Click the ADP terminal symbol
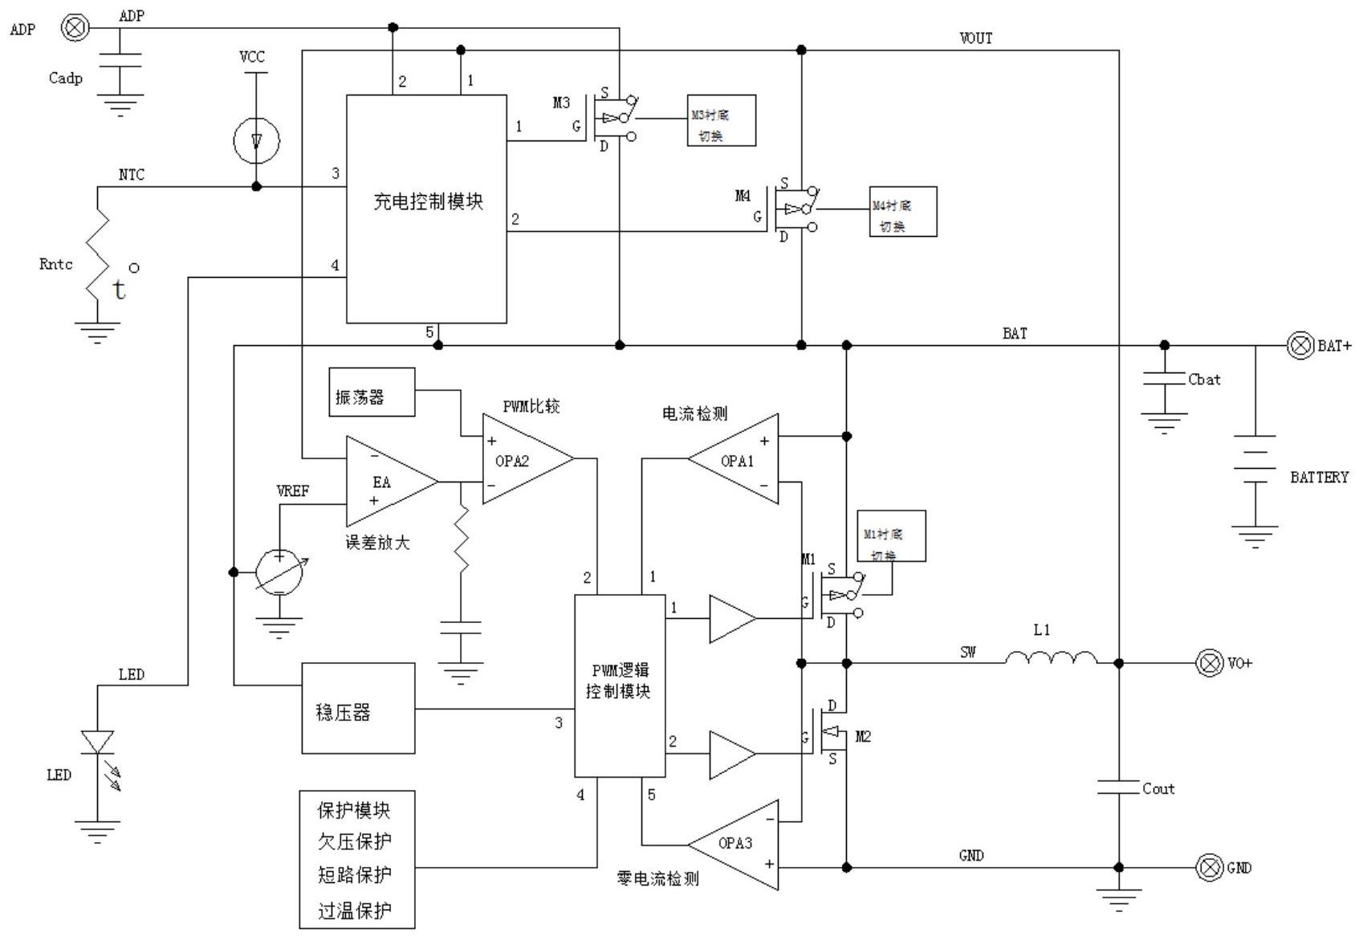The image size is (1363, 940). pyautogui.click(x=75, y=28)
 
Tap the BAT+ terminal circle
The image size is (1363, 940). pyautogui.click(x=1300, y=346)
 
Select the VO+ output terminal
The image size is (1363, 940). pyautogui.click(x=1210, y=663)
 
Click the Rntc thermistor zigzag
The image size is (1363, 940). pyautogui.click(x=99, y=255)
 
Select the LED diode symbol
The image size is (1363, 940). pyautogui.click(x=98, y=742)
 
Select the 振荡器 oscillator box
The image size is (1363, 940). pyautogui.click(x=372, y=393)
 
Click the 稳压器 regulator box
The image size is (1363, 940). pyautogui.click(x=358, y=708)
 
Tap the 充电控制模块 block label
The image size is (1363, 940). pyautogui.click(x=427, y=201)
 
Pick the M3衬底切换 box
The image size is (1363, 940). pyautogui.click(x=721, y=120)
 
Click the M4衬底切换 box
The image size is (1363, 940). pyautogui.click(x=902, y=212)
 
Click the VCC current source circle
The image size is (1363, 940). pyautogui.click(x=256, y=141)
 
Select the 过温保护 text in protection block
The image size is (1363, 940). pyautogui.click(x=355, y=910)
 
